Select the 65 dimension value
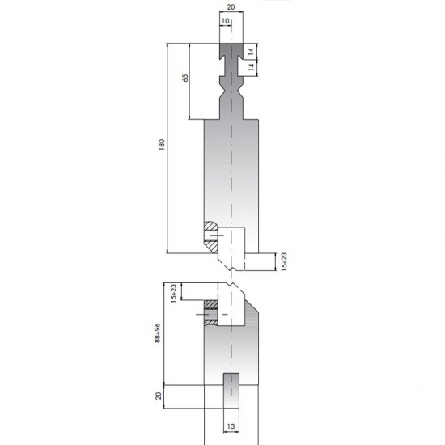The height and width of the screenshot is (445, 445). coord(185,78)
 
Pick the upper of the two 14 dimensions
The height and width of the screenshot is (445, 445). coord(251,51)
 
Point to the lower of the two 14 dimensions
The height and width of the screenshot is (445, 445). coord(251,68)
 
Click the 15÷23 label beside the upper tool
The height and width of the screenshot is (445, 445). coord(283,261)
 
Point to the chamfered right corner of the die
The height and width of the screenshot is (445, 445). coord(252,312)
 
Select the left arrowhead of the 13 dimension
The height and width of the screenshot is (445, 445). coord(224,418)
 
